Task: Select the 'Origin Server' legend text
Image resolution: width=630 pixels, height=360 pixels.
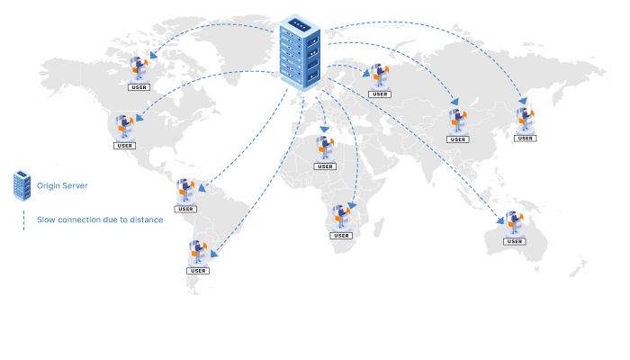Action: (62, 185)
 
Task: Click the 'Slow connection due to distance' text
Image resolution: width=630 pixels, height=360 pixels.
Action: (100, 220)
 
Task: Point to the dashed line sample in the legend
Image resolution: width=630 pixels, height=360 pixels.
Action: (23, 220)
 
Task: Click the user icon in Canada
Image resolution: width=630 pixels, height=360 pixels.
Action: (139, 68)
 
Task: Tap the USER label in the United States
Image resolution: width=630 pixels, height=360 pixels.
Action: (124, 146)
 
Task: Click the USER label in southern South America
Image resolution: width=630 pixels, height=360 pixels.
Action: (198, 270)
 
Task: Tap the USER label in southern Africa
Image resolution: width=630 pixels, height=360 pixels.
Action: (341, 236)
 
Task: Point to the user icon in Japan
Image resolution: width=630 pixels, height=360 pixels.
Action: (525, 120)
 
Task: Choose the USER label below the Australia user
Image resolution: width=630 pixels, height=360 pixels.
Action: (514, 241)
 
